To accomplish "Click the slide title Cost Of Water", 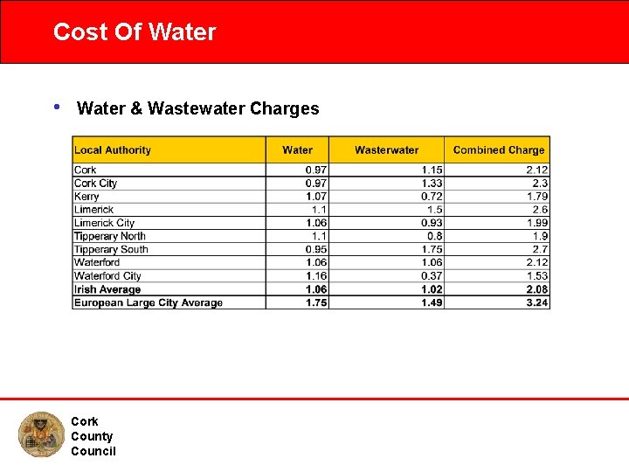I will [x=135, y=32].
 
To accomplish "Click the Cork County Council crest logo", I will [x=40, y=434].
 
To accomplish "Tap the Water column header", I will [x=297, y=150].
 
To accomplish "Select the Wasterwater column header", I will [x=386, y=150].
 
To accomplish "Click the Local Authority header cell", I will [x=113, y=150].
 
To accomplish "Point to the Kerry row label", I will [x=86, y=197].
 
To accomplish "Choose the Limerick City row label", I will [x=104, y=223].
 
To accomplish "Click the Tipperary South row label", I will [x=111, y=249].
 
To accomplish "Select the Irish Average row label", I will [x=107, y=289].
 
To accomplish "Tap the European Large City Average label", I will [x=149, y=302].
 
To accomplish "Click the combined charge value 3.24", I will [x=537, y=302].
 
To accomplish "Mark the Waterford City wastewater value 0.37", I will [x=432, y=276].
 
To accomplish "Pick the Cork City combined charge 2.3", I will [x=540, y=184].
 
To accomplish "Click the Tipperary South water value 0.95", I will [x=316, y=249].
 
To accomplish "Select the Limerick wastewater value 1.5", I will [x=434, y=210].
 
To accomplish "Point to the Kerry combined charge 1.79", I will [x=537, y=197].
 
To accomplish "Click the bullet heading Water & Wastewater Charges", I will [x=198, y=108].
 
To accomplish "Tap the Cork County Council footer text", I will [x=93, y=436].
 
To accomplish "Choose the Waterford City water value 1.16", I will [x=316, y=276].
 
